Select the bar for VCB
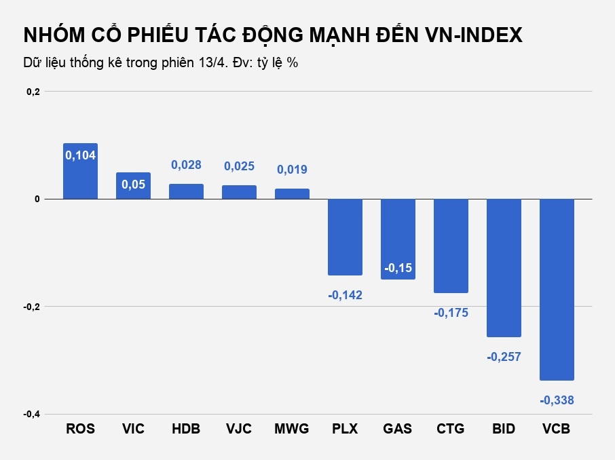(x=557, y=290)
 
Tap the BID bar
(x=504, y=268)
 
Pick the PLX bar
(x=345, y=237)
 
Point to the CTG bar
(x=451, y=246)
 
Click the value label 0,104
(x=80, y=155)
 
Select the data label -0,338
(x=557, y=400)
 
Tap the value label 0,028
(x=186, y=165)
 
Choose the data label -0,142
(x=345, y=295)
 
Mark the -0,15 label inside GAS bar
(x=398, y=269)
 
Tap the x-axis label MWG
(x=292, y=429)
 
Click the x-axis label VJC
(x=239, y=429)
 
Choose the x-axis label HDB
(x=186, y=429)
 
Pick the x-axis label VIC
(x=133, y=429)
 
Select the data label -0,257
(x=504, y=356)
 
